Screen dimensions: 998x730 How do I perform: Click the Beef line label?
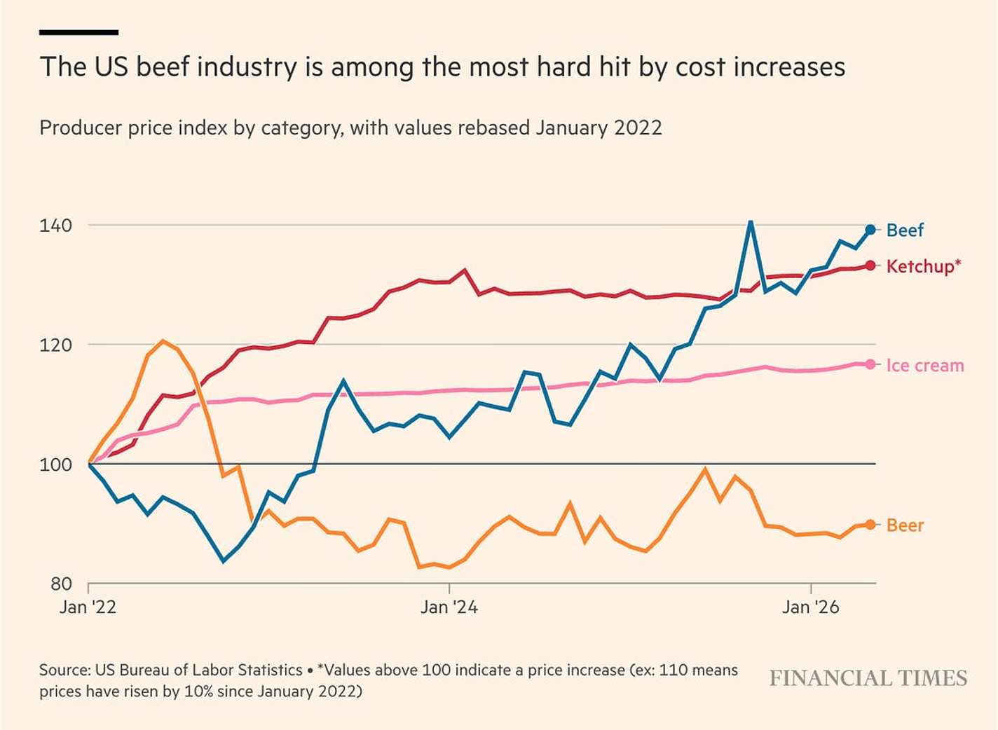(904, 230)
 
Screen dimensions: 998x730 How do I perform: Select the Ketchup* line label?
(924, 266)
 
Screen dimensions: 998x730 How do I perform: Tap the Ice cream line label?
(925, 365)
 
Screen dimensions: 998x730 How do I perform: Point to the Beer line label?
(905, 525)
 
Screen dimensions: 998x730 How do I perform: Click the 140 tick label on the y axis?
(55, 226)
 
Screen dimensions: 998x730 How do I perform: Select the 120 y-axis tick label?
(55, 345)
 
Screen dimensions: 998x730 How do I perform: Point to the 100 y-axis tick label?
(55, 464)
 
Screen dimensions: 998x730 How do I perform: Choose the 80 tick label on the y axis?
(61, 584)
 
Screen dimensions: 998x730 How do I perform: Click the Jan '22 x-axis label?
(88, 607)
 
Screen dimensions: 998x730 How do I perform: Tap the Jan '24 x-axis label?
(449, 607)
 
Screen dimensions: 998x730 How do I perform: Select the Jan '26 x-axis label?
(811, 607)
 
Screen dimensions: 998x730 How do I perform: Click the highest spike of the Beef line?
(751, 222)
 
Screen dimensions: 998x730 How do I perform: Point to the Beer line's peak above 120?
(163, 342)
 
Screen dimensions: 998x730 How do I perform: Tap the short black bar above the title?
(79, 32)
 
